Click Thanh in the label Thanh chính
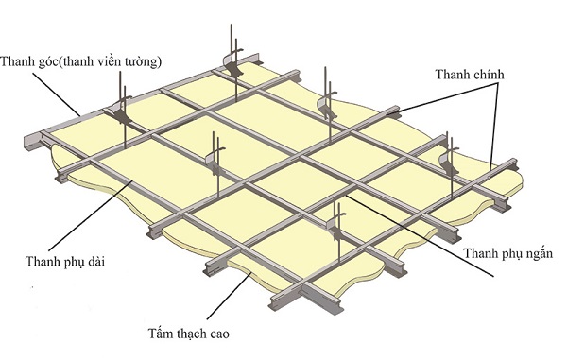pos(454,74)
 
